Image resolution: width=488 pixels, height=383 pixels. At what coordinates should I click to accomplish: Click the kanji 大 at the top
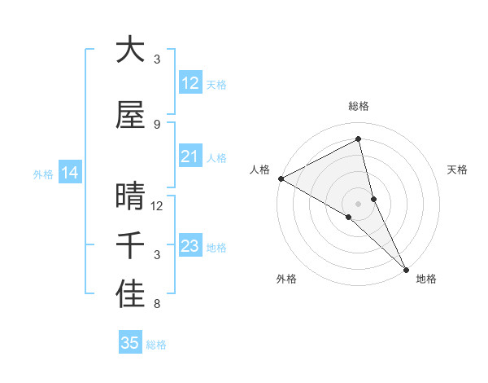[x=130, y=51]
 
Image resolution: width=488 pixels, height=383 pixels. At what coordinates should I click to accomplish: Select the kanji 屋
[x=130, y=115]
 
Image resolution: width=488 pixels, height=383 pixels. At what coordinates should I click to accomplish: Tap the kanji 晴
[x=130, y=197]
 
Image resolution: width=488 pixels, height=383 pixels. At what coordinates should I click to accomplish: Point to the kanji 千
[x=130, y=246]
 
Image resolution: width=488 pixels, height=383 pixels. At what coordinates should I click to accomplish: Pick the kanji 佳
[x=130, y=295]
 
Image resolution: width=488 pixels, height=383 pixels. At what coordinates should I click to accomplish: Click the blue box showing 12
[x=190, y=83]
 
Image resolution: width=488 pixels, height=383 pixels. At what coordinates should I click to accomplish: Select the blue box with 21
[x=190, y=156]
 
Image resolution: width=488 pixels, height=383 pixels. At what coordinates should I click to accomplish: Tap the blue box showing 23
[x=190, y=246]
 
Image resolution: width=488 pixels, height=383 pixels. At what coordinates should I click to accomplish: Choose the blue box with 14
[x=69, y=173]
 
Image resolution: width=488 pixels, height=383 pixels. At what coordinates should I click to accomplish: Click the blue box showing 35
[x=130, y=343]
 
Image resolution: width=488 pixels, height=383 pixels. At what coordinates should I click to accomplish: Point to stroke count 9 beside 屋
[x=156, y=125]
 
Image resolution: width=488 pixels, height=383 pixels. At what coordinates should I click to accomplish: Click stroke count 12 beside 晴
[x=157, y=206]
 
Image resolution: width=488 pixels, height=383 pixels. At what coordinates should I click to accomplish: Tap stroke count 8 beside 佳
[x=156, y=305]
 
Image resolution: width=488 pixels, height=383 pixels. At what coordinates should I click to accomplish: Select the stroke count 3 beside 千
[x=156, y=255]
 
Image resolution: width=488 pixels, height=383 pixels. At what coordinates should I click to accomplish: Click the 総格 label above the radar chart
[x=359, y=106]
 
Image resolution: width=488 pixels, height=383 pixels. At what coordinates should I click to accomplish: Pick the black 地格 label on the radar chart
[x=426, y=279]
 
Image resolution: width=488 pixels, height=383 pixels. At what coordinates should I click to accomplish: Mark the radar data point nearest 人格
[x=281, y=178]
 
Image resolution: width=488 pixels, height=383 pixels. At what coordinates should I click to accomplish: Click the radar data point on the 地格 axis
[x=406, y=269]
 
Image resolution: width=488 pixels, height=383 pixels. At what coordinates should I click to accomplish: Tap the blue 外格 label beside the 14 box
[x=42, y=174]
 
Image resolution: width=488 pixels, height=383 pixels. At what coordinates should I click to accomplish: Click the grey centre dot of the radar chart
[x=359, y=203]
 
